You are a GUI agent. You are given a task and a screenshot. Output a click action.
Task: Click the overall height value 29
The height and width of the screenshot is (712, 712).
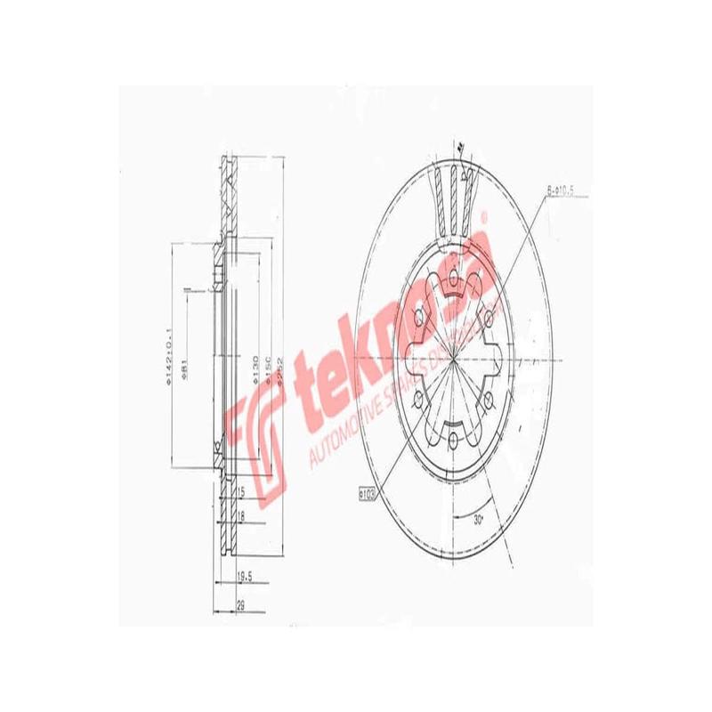239,604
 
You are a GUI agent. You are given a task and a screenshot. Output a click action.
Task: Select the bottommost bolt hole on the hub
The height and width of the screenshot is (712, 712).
454,440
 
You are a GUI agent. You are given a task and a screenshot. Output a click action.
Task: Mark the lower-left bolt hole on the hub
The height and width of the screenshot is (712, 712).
419,400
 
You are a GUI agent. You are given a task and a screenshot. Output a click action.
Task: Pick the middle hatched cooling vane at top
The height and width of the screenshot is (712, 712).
454,198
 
